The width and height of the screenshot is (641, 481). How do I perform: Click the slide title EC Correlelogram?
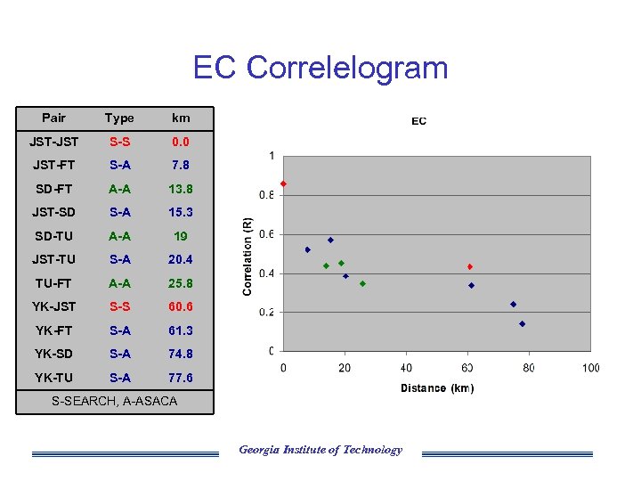[320, 68]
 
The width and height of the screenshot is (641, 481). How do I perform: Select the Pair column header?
[53, 118]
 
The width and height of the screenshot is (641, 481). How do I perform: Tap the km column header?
[181, 118]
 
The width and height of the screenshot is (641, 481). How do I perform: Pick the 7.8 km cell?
[181, 165]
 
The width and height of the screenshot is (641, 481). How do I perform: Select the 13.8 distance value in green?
[181, 189]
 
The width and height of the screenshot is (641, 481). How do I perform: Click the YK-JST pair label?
[55, 306]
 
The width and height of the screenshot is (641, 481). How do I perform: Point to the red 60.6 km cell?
[181, 306]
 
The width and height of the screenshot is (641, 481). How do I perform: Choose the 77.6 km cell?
[181, 378]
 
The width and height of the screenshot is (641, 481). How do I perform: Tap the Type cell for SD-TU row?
[119, 236]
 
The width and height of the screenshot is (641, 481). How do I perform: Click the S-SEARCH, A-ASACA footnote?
[114, 401]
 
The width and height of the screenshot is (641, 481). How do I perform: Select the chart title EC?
[418, 121]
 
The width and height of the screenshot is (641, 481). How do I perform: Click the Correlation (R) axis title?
[248, 257]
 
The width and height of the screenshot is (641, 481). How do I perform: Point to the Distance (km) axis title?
[437, 388]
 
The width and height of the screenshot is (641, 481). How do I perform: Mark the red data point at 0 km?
[283, 183]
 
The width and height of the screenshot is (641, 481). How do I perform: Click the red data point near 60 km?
[469, 266]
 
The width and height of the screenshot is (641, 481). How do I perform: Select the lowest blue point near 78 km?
[522, 323]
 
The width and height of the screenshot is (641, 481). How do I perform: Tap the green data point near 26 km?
[362, 283]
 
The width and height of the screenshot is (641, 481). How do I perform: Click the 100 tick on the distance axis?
[590, 368]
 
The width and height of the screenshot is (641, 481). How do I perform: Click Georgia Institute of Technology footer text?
[320, 450]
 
